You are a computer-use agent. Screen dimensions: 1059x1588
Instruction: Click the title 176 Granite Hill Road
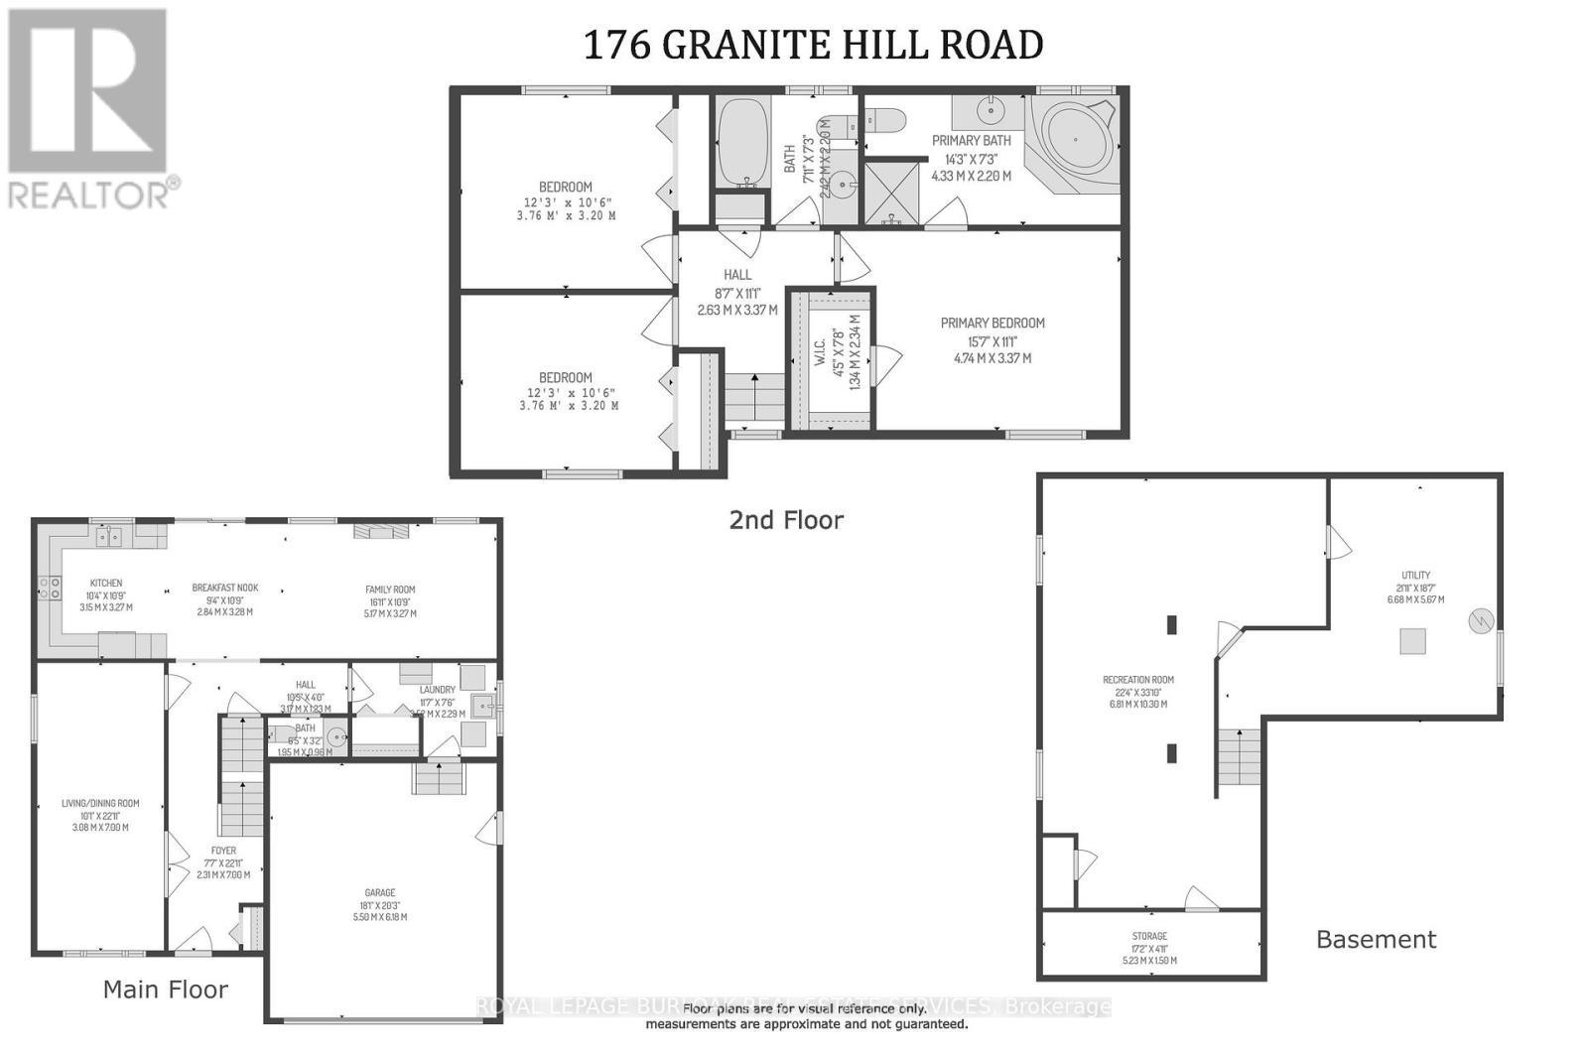813,45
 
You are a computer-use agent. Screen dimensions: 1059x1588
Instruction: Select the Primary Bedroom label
992,324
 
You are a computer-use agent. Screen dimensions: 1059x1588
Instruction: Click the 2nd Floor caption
786,520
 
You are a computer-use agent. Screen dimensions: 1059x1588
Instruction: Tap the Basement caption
1376,939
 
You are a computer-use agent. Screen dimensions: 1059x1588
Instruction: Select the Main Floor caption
166,990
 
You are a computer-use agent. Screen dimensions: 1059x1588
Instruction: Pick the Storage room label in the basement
1149,936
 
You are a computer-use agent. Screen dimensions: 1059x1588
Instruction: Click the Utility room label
1415,575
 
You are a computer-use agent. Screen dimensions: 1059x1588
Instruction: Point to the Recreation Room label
1137,680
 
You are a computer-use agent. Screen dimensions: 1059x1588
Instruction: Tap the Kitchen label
106,584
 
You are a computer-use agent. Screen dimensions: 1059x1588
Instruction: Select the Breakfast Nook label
225,588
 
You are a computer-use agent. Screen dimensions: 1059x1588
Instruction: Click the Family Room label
390,590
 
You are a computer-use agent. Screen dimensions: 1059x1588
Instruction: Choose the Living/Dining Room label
100,804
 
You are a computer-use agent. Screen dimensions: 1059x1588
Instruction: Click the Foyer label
223,851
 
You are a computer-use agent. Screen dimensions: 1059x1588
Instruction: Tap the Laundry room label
437,690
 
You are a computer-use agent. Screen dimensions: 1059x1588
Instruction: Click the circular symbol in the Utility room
1481,622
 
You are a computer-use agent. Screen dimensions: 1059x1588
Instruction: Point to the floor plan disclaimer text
806,1015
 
